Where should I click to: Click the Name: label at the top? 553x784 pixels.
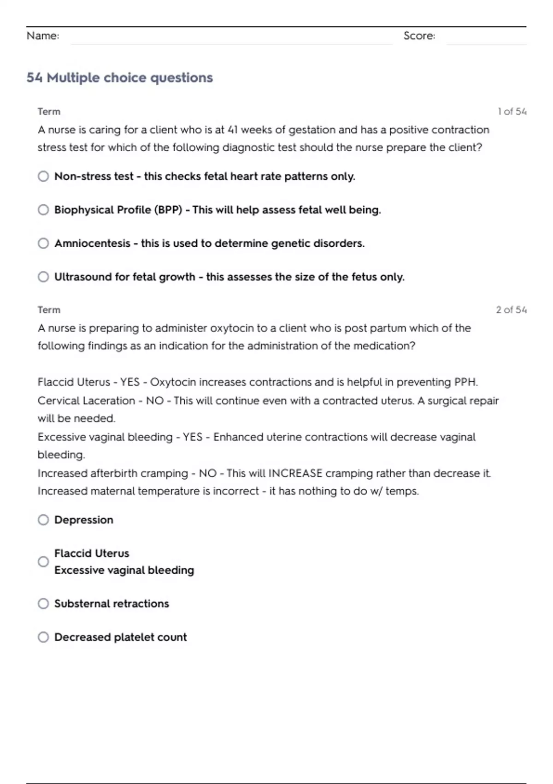pyautogui.click(x=43, y=36)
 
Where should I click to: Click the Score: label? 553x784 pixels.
pyautogui.click(x=419, y=36)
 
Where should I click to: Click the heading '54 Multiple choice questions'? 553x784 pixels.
pyautogui.click(x=119, y=77)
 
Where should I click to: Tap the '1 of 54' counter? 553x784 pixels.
pyautogui.click(x=512, y=112)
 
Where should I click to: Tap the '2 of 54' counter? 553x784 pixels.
pyautogui.click(x=511, y=310)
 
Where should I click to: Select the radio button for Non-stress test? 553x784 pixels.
pyautogui.click(x=43, y=176)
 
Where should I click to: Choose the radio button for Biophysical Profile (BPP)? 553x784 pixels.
pyautogui.click(x=43, y=210)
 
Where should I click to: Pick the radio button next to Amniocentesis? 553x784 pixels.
pyautogui.click(x=43, y=243)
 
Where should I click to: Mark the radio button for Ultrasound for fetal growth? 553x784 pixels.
pyautogui.click(x=43, y=277)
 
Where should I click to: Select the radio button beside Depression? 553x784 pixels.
pyautogui.click(x=43, y=520)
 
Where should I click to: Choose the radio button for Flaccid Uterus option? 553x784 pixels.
pyautogui.click(x=43, y=562)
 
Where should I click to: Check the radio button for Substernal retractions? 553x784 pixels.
pyautogui.click(x=43, y=604)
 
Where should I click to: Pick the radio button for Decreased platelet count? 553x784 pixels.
pyautogui.click(x=43, y=637)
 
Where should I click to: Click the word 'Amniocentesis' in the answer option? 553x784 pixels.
pyautogui.click(x=92, y=244)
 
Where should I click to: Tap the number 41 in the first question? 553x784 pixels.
pyautogui.click(x=233, y=130)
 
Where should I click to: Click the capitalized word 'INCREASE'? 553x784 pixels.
pyautogui.click(x=295, y=474)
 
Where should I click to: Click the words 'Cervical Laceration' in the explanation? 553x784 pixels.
pyautogui.click(x=86, y=401)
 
